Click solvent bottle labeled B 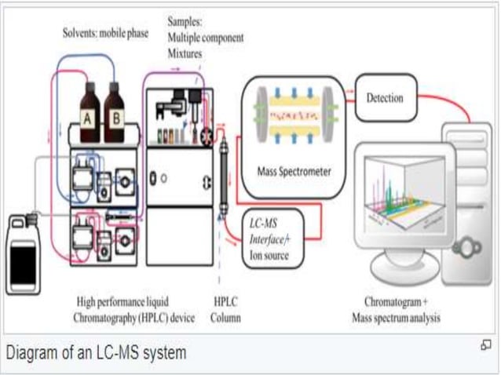115,116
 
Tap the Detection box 385,98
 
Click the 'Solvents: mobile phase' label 105,34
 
